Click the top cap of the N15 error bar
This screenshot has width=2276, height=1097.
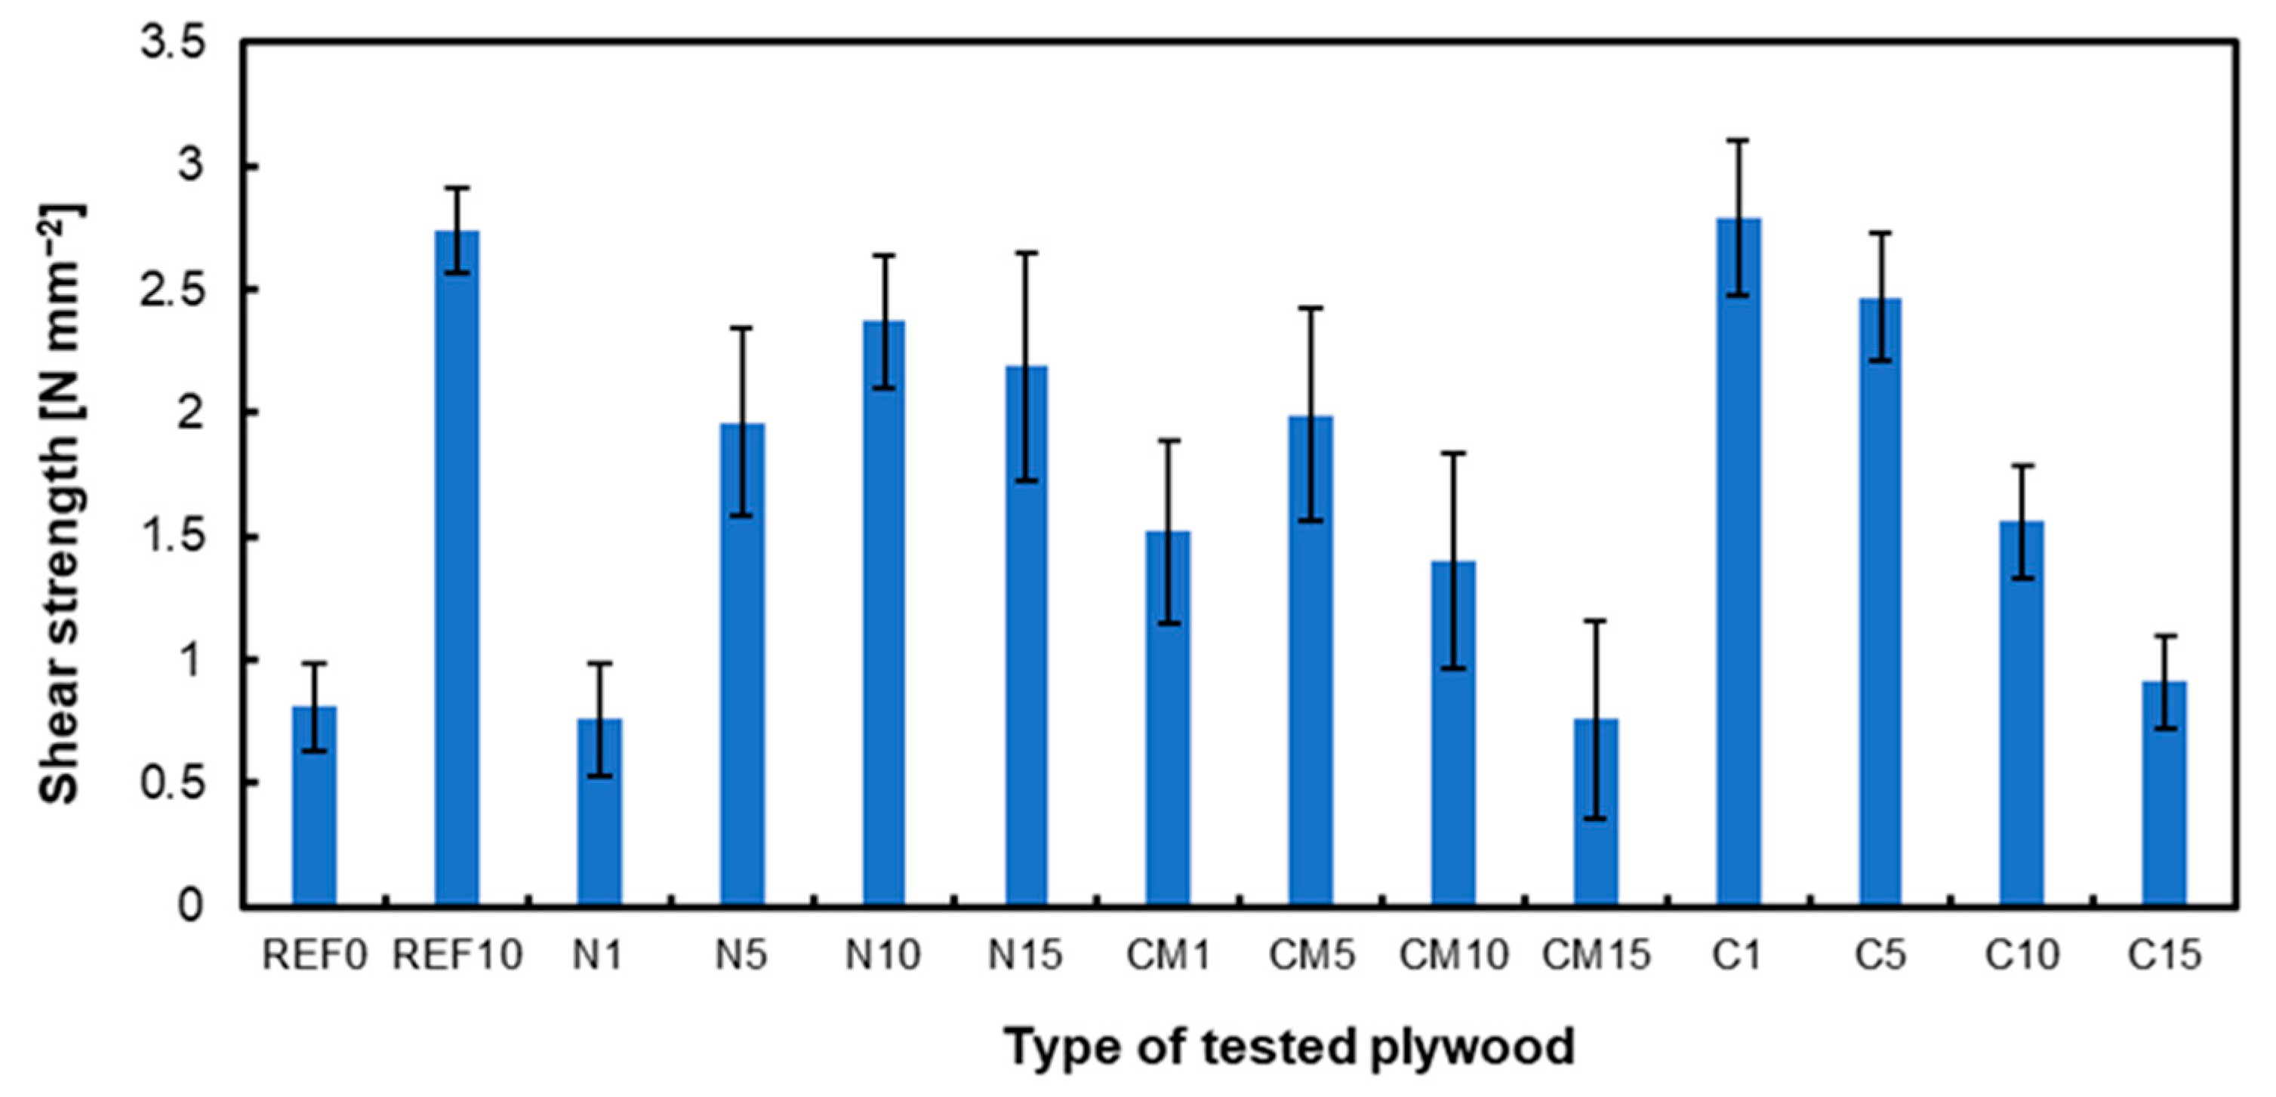coord(1027,253)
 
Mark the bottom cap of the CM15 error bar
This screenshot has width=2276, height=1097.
coord(1596,819)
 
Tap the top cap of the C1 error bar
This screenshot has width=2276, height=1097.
coord(1738,140)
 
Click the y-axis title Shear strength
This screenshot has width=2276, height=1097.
coord(60,503)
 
